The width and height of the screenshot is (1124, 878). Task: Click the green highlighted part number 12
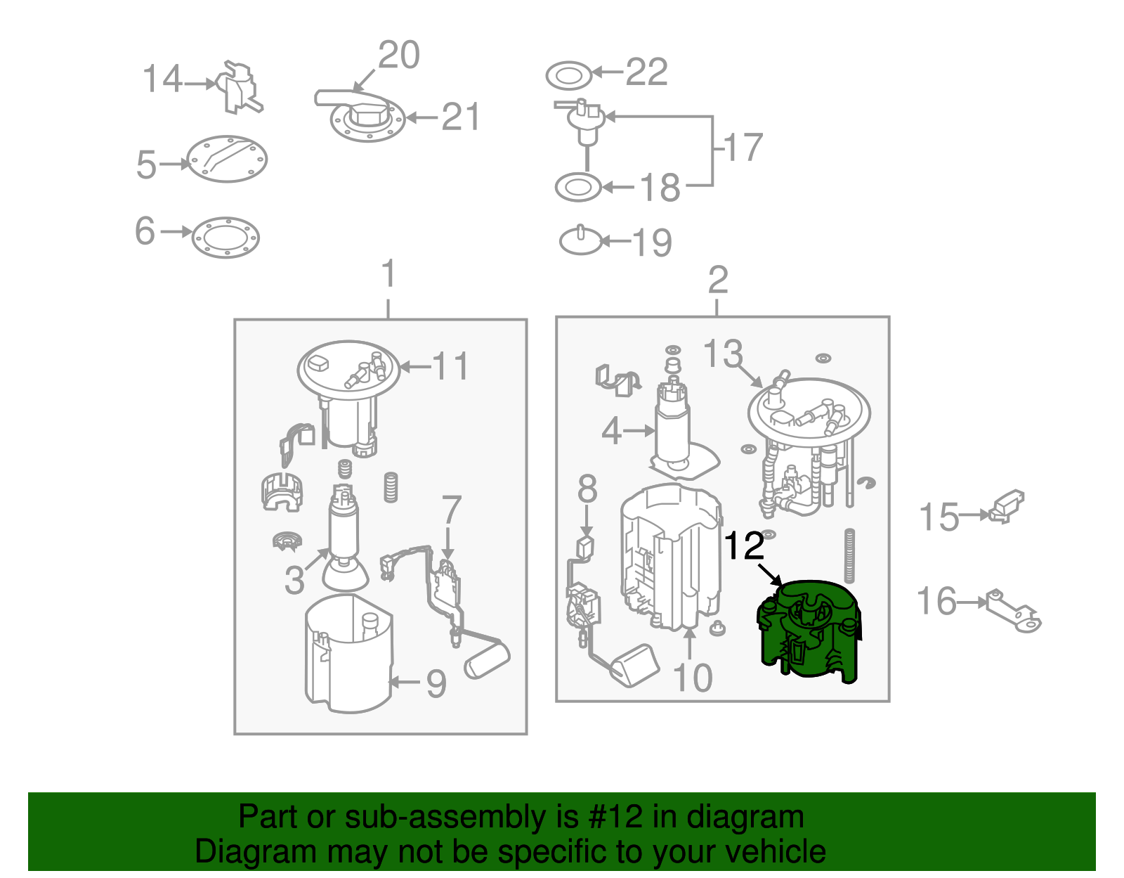(x=809, y=631)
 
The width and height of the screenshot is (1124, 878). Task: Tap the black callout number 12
(x=744, y=546)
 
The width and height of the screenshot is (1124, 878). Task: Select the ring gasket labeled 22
(x=568, y=76)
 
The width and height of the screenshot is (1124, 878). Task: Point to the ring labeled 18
(x=577, y=187)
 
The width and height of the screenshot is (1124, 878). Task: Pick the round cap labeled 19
(x=581, y=241)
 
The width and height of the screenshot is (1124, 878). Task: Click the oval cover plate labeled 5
(x=227, y=159)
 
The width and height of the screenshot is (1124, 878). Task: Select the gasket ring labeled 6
(x=226, y=238)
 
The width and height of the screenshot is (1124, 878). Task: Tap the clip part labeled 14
(x=238, y=88)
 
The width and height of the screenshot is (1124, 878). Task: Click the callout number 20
(x=399, y=55)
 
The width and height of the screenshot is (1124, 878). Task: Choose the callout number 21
(x=460, y=117)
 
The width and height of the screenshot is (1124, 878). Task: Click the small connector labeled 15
(x=1006, y=507)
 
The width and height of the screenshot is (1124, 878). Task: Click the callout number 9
(x=436, y=684)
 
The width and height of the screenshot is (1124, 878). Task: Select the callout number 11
(x=450, y=366)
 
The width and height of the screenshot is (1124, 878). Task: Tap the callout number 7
(x=451, y=510)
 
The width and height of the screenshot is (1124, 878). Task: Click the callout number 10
(x=693, y=678)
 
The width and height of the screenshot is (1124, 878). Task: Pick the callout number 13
(x=723, y=354)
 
